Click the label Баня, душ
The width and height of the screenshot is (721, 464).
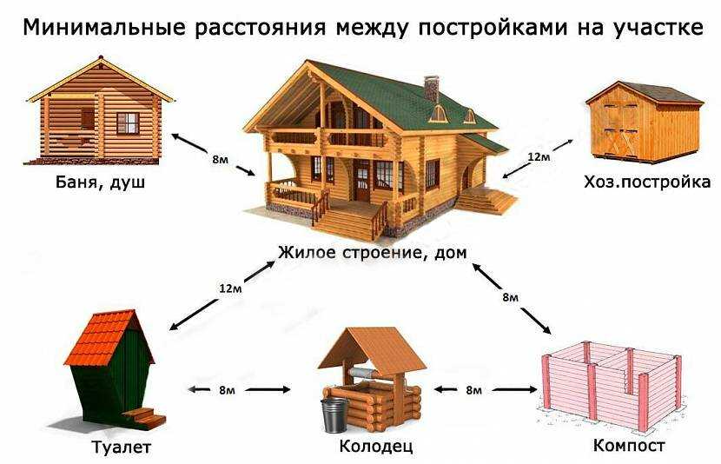(x=100, y=182)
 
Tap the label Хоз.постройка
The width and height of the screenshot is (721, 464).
(x=647, y=182)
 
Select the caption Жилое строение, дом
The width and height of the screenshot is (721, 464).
(x=372, y=253)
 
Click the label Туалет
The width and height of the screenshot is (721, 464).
(x=121, y=447)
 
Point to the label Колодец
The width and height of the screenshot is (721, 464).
(x=375, y=446)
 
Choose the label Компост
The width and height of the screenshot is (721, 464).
(x=629, y=445)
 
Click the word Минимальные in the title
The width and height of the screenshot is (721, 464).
(x=104, y=28)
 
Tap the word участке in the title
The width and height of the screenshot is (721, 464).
(x=658, y=28)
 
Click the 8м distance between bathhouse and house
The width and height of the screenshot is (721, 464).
(x=220, y=160)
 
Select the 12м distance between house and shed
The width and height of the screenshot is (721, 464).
(x=539, y=156)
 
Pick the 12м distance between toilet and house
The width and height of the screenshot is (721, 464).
(x=230, y=288)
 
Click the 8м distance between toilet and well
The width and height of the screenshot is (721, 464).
(x=227, y=390)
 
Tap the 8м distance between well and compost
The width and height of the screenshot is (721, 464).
(x=473, y=390)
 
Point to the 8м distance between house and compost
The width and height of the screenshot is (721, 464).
(x=511, y=297)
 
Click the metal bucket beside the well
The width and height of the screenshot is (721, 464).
(x=334, y=414)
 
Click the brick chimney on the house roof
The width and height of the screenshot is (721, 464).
(x=432, y=89)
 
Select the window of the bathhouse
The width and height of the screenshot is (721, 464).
(x=128, y=123)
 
